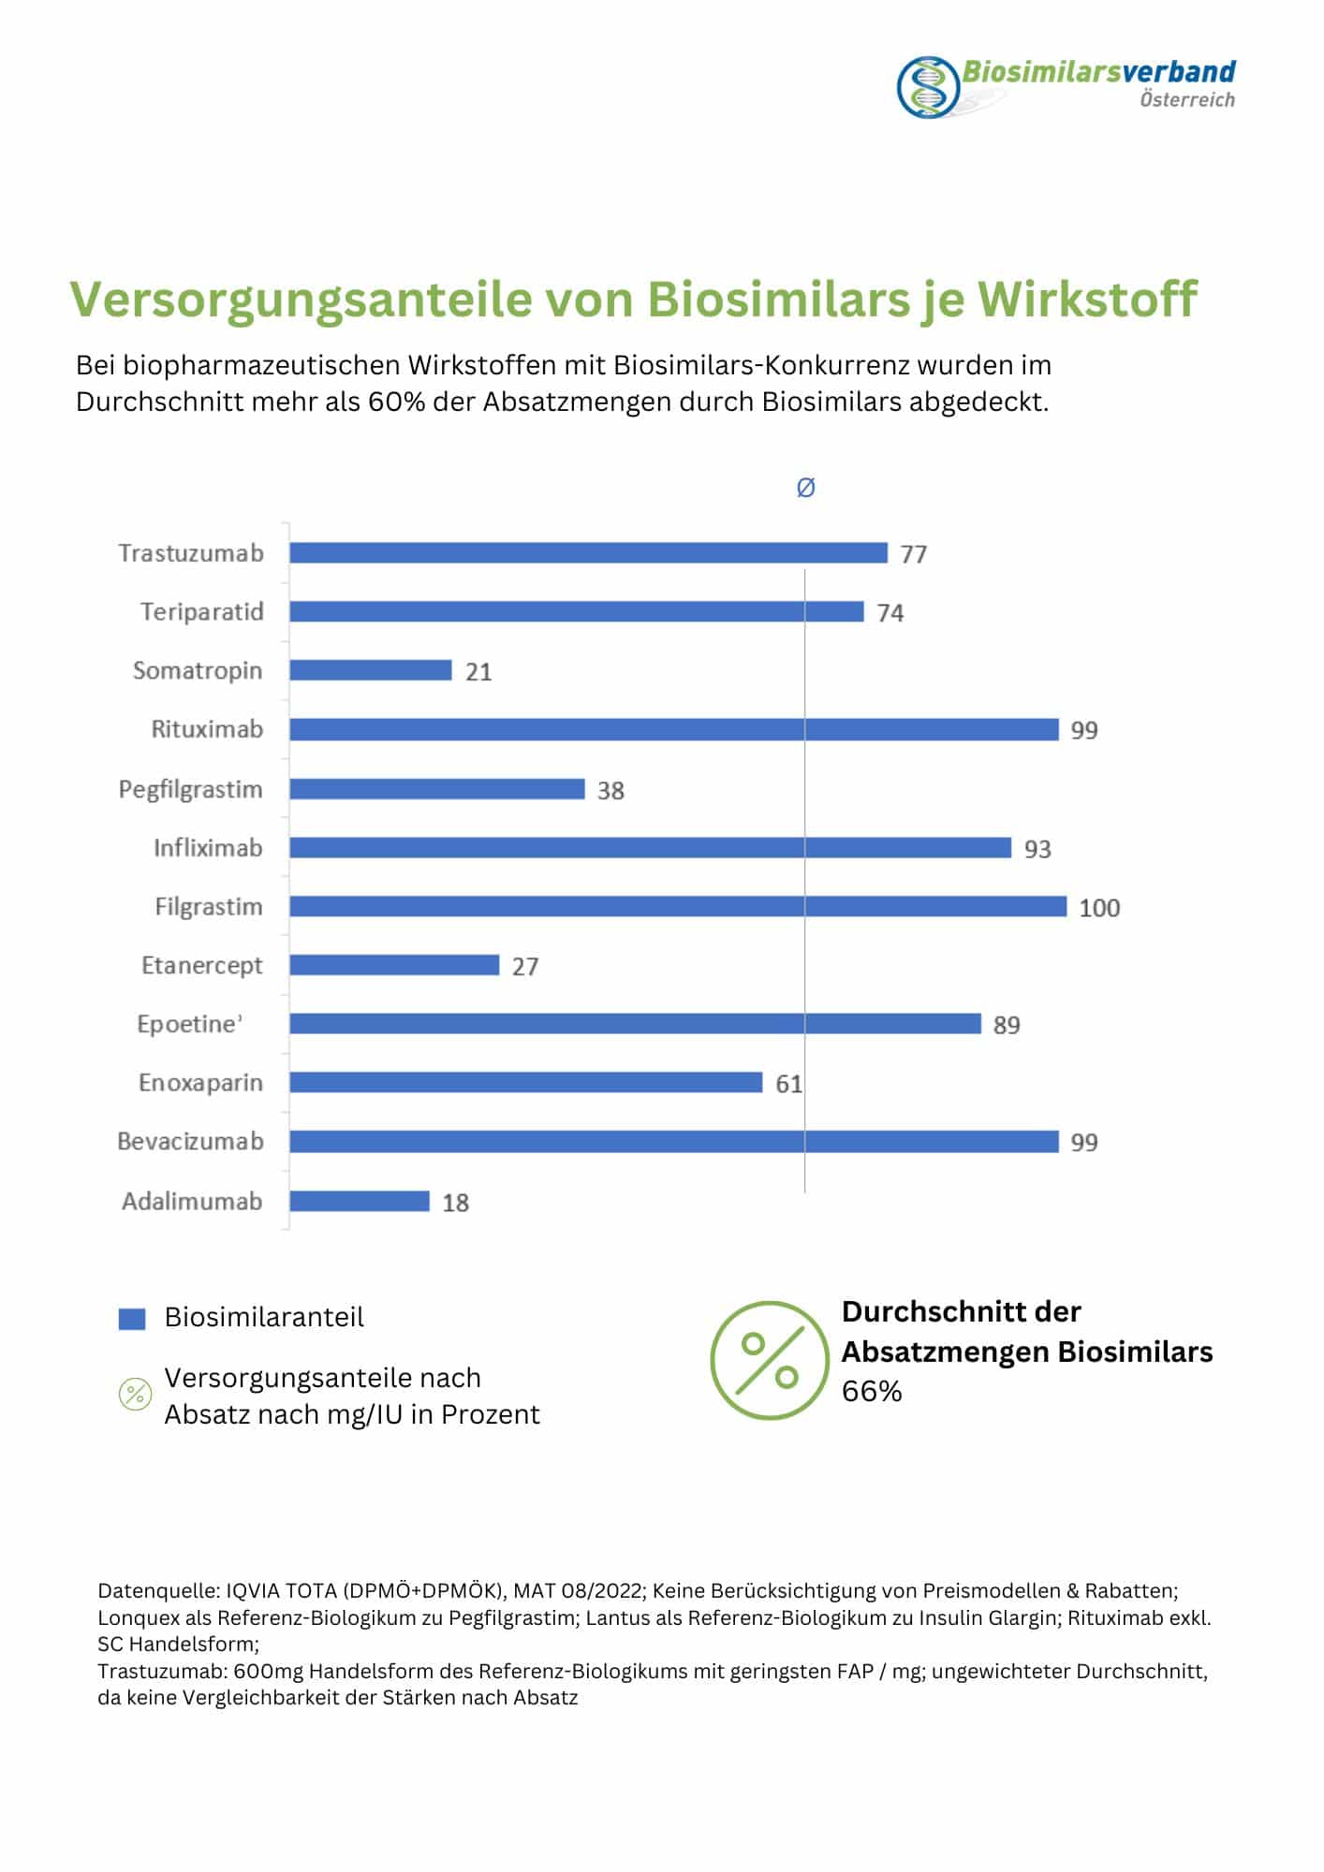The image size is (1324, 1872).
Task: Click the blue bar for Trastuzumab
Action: pyautogui.click(x=588, y=553)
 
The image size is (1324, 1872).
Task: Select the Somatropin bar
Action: pyautogui.click(x=371, y=670)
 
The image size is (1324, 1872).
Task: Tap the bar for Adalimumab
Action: pyautogui.click(x=360, y=1201)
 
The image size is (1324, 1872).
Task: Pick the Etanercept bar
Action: pyautogui.click(x=394, y=965)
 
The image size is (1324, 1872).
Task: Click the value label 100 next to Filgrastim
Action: pyautogui.click(x=1099, y=908)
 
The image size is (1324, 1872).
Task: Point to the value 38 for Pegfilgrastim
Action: pyautogui.click(x=611, y=791)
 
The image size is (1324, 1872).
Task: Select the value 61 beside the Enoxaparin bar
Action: pyautogui.click(x=788, y=1084)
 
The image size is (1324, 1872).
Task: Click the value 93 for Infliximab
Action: pyautogui.click(x=1037, y=849)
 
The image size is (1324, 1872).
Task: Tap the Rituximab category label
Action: pyautogui.click(x=207, y=729)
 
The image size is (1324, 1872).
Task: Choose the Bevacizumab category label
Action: pyautogui.click(x=190, y=1142)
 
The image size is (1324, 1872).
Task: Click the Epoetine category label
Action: pyautogui.click(x=187, y=1024)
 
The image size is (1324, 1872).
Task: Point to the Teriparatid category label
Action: pyautogui.click(x=201, y=612)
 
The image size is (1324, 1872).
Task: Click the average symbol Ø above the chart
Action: pyautogui.click(x=805, y=488)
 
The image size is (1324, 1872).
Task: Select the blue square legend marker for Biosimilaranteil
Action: pyautogui.click(x=132, y=1318)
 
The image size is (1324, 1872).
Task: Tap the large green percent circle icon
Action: pyautogui.click(x=769, y=1359)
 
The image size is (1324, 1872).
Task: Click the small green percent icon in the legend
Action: pyautogui.click(x=135, y=1395)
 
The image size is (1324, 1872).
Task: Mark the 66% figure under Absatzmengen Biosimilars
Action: pyautogui.click(x=871, y=1392)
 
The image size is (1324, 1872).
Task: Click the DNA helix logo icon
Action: pyautogui.click(x=928, y=88)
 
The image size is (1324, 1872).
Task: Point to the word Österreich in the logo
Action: pyautogui.click(x=1186, y=100)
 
